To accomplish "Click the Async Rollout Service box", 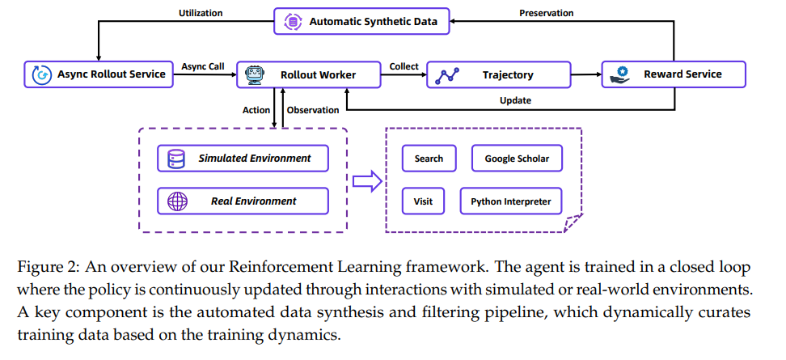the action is [99, 74].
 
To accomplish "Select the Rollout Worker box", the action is [308, 74].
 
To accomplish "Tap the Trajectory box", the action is [498, 74].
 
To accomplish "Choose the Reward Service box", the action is [674, 74].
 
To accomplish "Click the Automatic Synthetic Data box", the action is [361, 22].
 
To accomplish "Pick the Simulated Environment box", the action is [243, 159].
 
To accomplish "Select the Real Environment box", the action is [243, 201].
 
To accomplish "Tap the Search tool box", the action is [429, 159].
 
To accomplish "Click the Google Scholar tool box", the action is [517, 159].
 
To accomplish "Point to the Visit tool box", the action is [423, 201].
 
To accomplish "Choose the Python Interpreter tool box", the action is [511, 201].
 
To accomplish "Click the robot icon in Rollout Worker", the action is [254, 74].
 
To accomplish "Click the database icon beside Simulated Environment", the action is [177, 159].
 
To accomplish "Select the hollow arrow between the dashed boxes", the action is [367, 181].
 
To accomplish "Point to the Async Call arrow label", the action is [202, 66].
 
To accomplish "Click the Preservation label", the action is [547, 12].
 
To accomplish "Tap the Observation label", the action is [313, 110].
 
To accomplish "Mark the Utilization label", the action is [200, 12].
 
